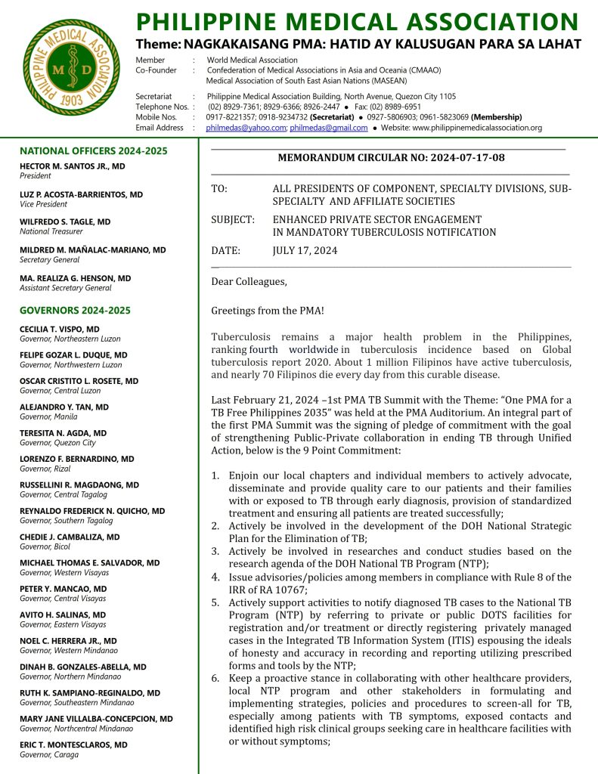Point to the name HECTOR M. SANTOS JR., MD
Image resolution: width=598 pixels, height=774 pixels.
(73, 166)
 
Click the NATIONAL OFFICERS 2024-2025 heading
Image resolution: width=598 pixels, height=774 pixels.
(94, 151)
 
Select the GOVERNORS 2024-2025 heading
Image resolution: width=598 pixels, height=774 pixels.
(75, 311)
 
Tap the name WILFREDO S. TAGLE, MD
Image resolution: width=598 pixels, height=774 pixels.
(65, 222)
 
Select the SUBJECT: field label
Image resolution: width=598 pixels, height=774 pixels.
(233, 220)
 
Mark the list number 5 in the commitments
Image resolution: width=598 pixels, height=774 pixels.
(215, 602)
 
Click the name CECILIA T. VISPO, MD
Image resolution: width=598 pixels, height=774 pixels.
(60, 330)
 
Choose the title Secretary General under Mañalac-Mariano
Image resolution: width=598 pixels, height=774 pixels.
(50, 260)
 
